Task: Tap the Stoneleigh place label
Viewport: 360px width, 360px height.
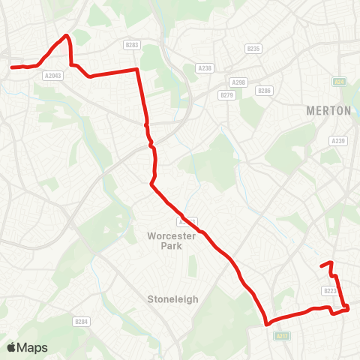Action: click(172, 298)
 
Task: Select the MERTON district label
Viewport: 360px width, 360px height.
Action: click(328, 110)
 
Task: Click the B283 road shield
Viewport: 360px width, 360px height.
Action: click(133, 45)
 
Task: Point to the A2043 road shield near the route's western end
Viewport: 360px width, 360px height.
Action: click(52, 75)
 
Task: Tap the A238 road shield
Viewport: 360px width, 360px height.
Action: click(205, 67)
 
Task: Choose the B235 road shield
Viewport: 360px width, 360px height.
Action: click(253, 49)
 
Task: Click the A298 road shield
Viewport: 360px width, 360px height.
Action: click(238, 82)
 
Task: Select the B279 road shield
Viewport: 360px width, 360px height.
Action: click(226, 95)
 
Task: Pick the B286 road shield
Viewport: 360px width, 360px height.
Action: click(263, 91)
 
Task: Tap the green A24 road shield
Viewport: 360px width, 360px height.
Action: click(339, 81)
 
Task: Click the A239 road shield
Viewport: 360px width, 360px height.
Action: click(339, 140)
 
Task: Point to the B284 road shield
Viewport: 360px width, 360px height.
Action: click(82, 322)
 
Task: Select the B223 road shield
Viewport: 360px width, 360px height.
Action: click(331, 291)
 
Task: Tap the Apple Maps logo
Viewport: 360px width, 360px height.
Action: click(27, 347)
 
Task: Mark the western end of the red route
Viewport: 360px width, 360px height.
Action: click(11, 67)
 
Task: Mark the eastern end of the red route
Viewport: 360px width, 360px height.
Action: click(322, 265)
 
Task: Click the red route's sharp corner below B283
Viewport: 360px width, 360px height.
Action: click(137, 70)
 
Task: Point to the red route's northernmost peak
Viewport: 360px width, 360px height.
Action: click(67, 35)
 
